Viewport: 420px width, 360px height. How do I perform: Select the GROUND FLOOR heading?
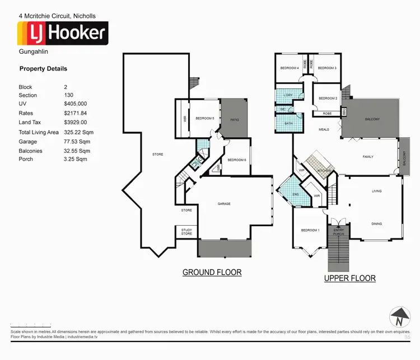click(x=212, y=273)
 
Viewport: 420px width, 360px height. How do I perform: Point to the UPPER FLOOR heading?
click(x=350, y=278)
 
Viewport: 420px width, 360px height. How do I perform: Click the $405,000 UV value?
click(x=76, y=104)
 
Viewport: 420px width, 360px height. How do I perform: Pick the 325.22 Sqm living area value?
click(x=77, y=132)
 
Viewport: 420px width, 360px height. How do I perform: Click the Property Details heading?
click(x=43, y=69)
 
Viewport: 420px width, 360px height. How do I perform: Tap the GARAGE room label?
click(x=224, y=204)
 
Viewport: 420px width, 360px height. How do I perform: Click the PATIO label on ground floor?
click(x=235, y=119)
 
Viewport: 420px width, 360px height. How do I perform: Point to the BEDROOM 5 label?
click(x=204, y=119)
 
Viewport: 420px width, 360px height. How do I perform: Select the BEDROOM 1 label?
click(x=310, y=231)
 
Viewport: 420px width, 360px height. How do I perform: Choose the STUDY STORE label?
click(x=186, y=232)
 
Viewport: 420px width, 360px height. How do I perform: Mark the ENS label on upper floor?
click(x=296, y=194)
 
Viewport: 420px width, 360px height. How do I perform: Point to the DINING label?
click(x=376, y=224)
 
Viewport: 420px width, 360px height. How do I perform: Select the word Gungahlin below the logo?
click(x=31, y=52)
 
